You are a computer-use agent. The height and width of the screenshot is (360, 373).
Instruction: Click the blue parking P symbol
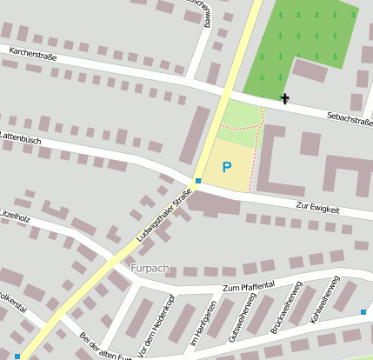click(227, 167)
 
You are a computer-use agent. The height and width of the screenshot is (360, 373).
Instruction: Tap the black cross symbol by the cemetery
click(284, 98)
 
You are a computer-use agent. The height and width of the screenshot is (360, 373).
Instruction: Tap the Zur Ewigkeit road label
click(317, 208)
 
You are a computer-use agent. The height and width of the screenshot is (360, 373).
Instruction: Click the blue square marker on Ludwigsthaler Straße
click(198, 181)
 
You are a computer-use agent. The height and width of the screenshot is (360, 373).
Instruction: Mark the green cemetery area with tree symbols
click(300, 43)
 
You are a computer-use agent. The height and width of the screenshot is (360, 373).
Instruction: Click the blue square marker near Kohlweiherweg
click(363, 311)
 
